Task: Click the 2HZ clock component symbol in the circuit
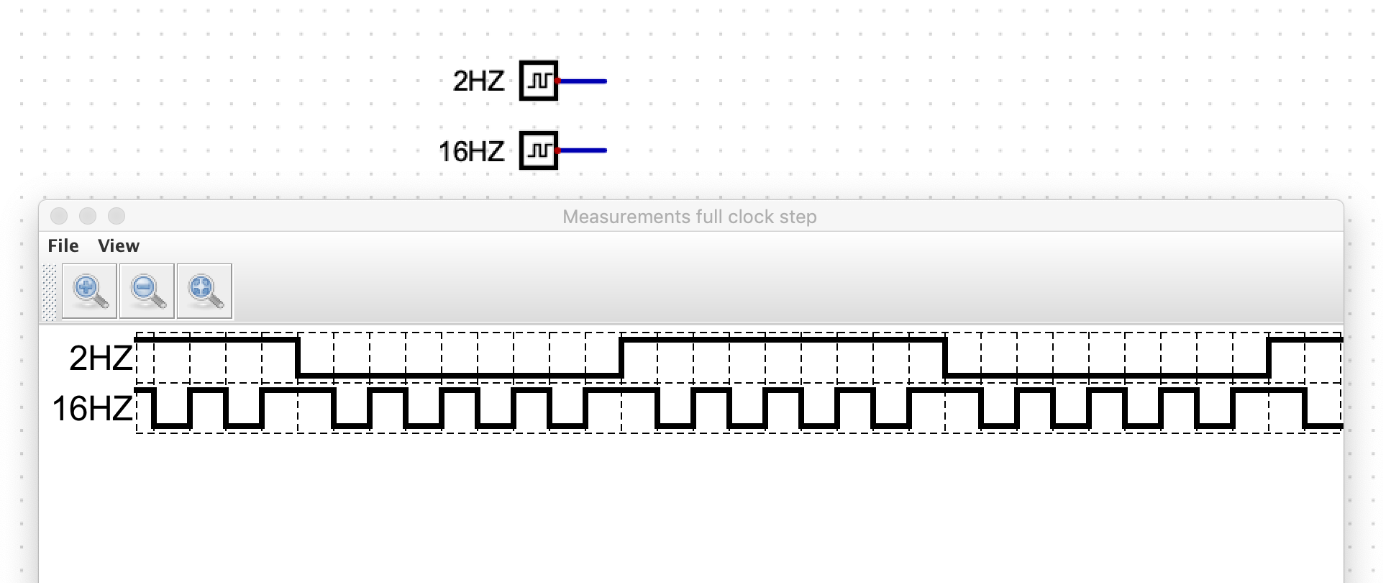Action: coord(538,81)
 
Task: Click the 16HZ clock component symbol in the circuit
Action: coord(538,150)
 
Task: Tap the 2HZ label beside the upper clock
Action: coord(478,81)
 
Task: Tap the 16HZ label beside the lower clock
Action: coord(471,151)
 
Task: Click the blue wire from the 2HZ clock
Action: coord(584,81)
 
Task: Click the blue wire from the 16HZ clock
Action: coord(584,150)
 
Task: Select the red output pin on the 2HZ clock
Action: coord(558,81)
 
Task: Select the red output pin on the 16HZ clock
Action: coord(558,150)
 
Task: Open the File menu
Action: coord(63,246)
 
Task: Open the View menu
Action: coord(119,246)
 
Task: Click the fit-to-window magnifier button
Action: coord(204,291)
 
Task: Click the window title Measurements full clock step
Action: coord(689,217)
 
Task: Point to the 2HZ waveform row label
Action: coord(101,358)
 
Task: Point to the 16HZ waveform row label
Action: coord(92,409)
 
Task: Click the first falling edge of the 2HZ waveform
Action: coord(298,357)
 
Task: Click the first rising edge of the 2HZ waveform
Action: coord(622,357)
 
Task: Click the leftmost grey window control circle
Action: coord(59,216)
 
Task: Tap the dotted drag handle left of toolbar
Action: coord(49,291)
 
